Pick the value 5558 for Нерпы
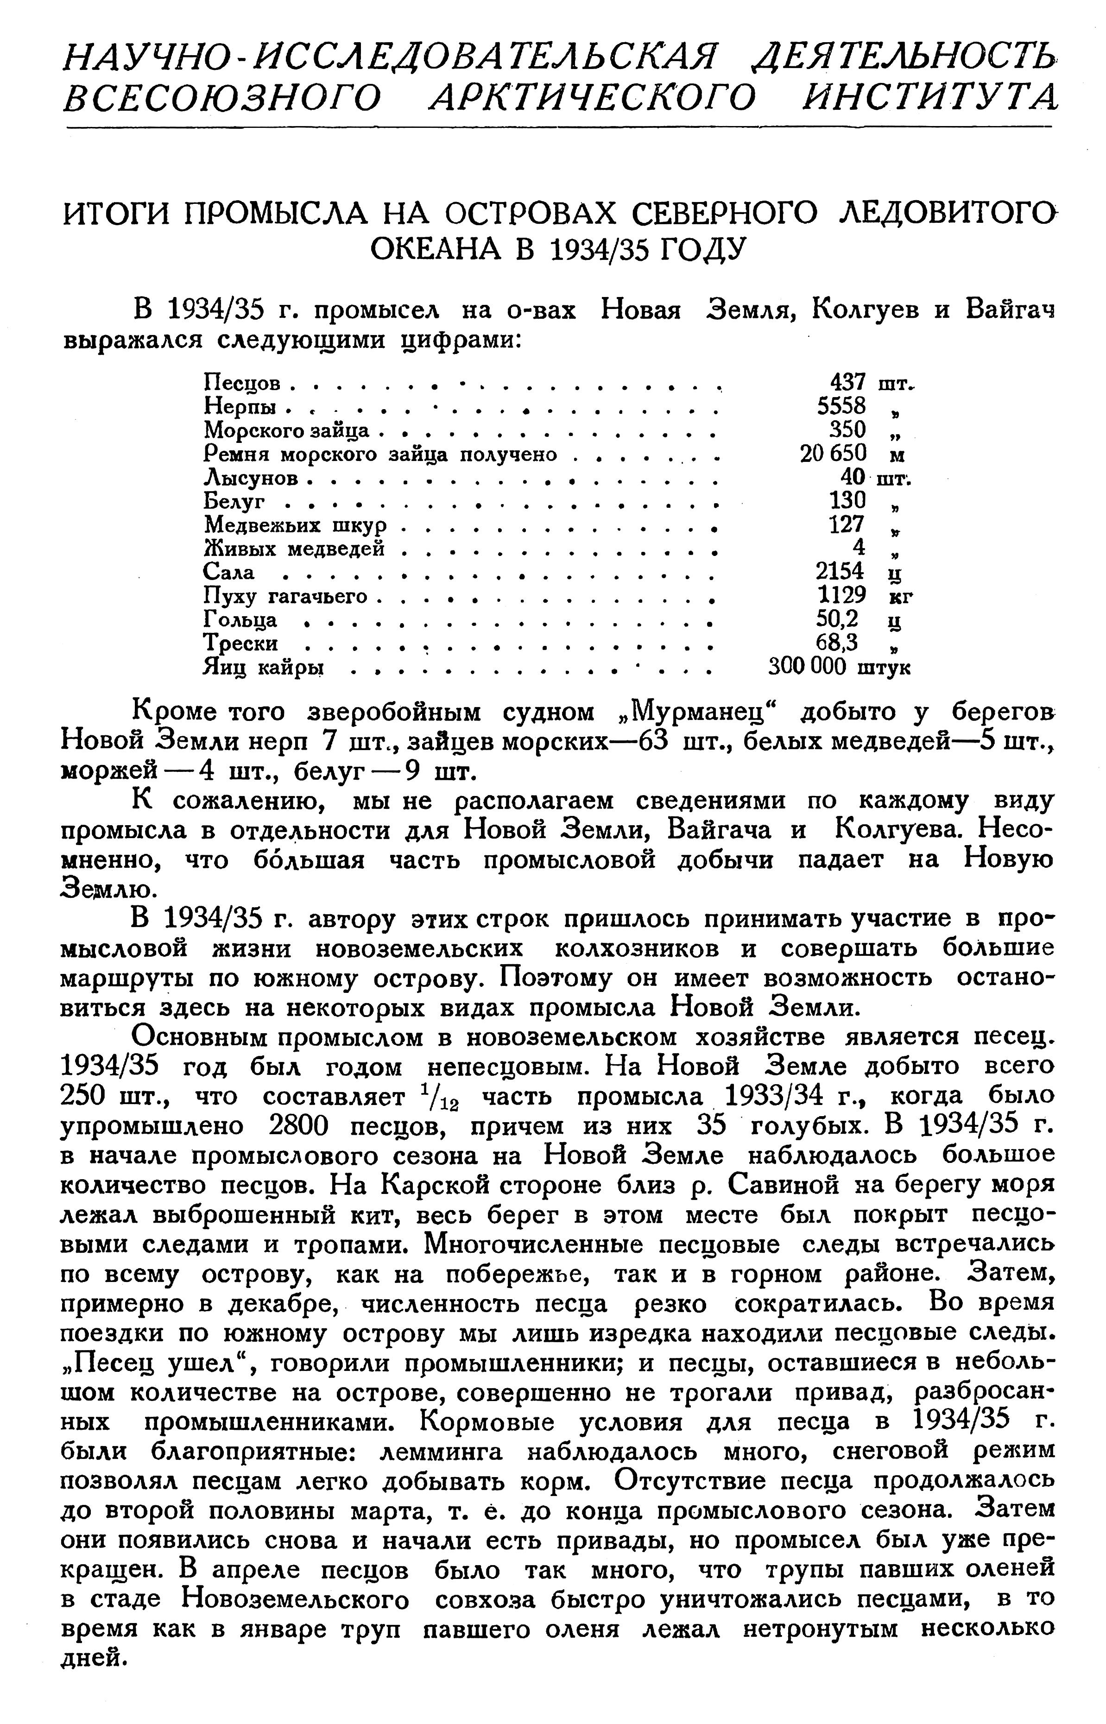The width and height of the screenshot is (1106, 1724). click(x=842, y=406)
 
